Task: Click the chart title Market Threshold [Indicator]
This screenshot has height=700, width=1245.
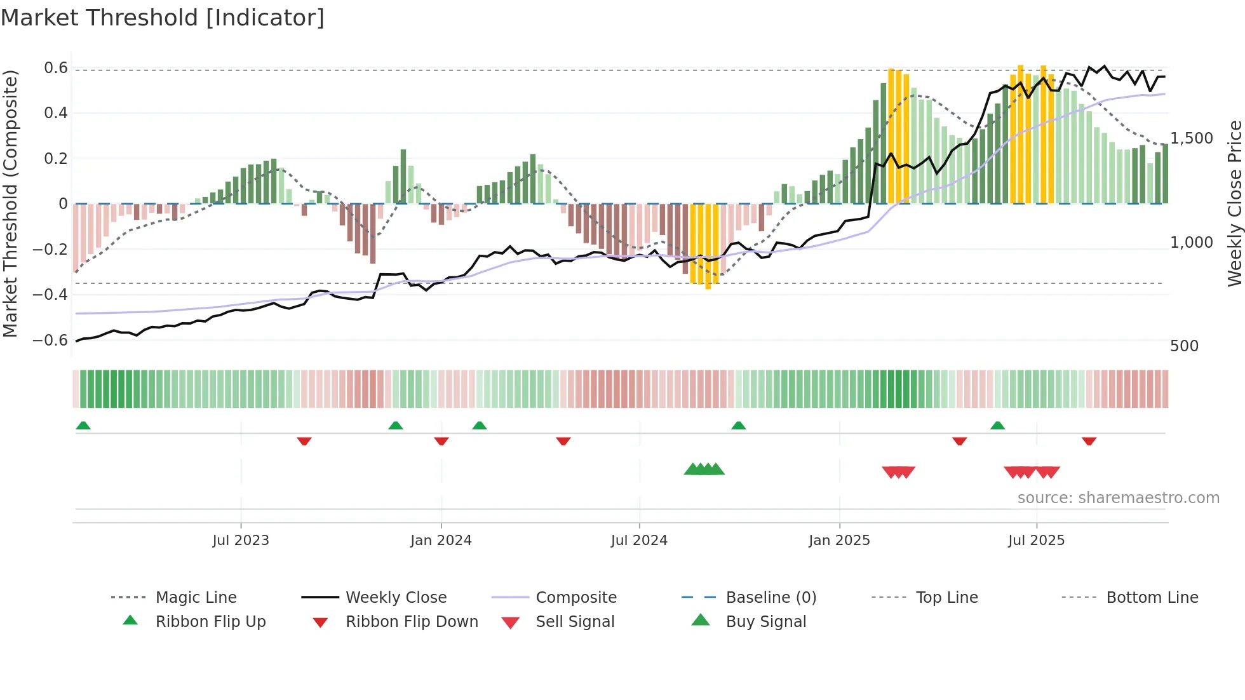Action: point(163,18)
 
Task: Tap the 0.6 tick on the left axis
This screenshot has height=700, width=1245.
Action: point(56,68)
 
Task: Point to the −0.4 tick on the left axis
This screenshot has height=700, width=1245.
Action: point(50,294)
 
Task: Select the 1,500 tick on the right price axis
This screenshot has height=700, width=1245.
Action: point(1192,138)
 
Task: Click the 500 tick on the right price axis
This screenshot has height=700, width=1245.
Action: point(1184,346)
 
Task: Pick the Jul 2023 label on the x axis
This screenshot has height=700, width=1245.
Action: point(241,541)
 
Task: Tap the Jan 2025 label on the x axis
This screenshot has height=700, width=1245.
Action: point(839,541)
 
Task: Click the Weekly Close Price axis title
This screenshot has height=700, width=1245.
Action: point(1234,203)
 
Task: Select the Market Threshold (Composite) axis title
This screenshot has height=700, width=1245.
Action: point(10,203)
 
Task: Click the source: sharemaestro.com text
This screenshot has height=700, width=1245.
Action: point(1118,498)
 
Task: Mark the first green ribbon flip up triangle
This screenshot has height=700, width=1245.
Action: point(83,426)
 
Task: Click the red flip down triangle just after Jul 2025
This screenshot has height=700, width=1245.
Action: point(1089,441)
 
